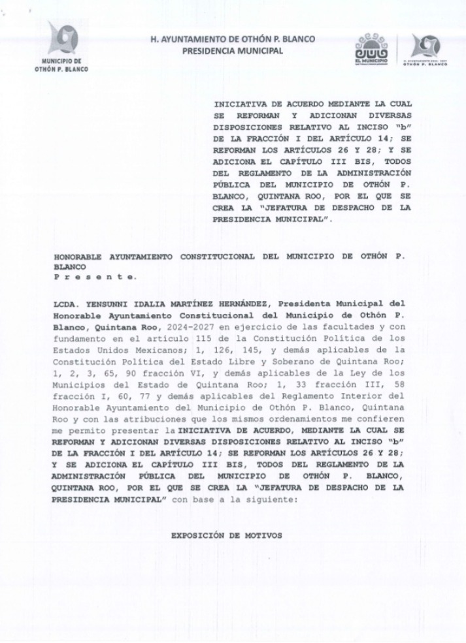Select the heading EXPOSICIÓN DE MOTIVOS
coord(226,535)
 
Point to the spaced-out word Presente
coord(95,276)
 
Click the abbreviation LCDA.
coord(66,304)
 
